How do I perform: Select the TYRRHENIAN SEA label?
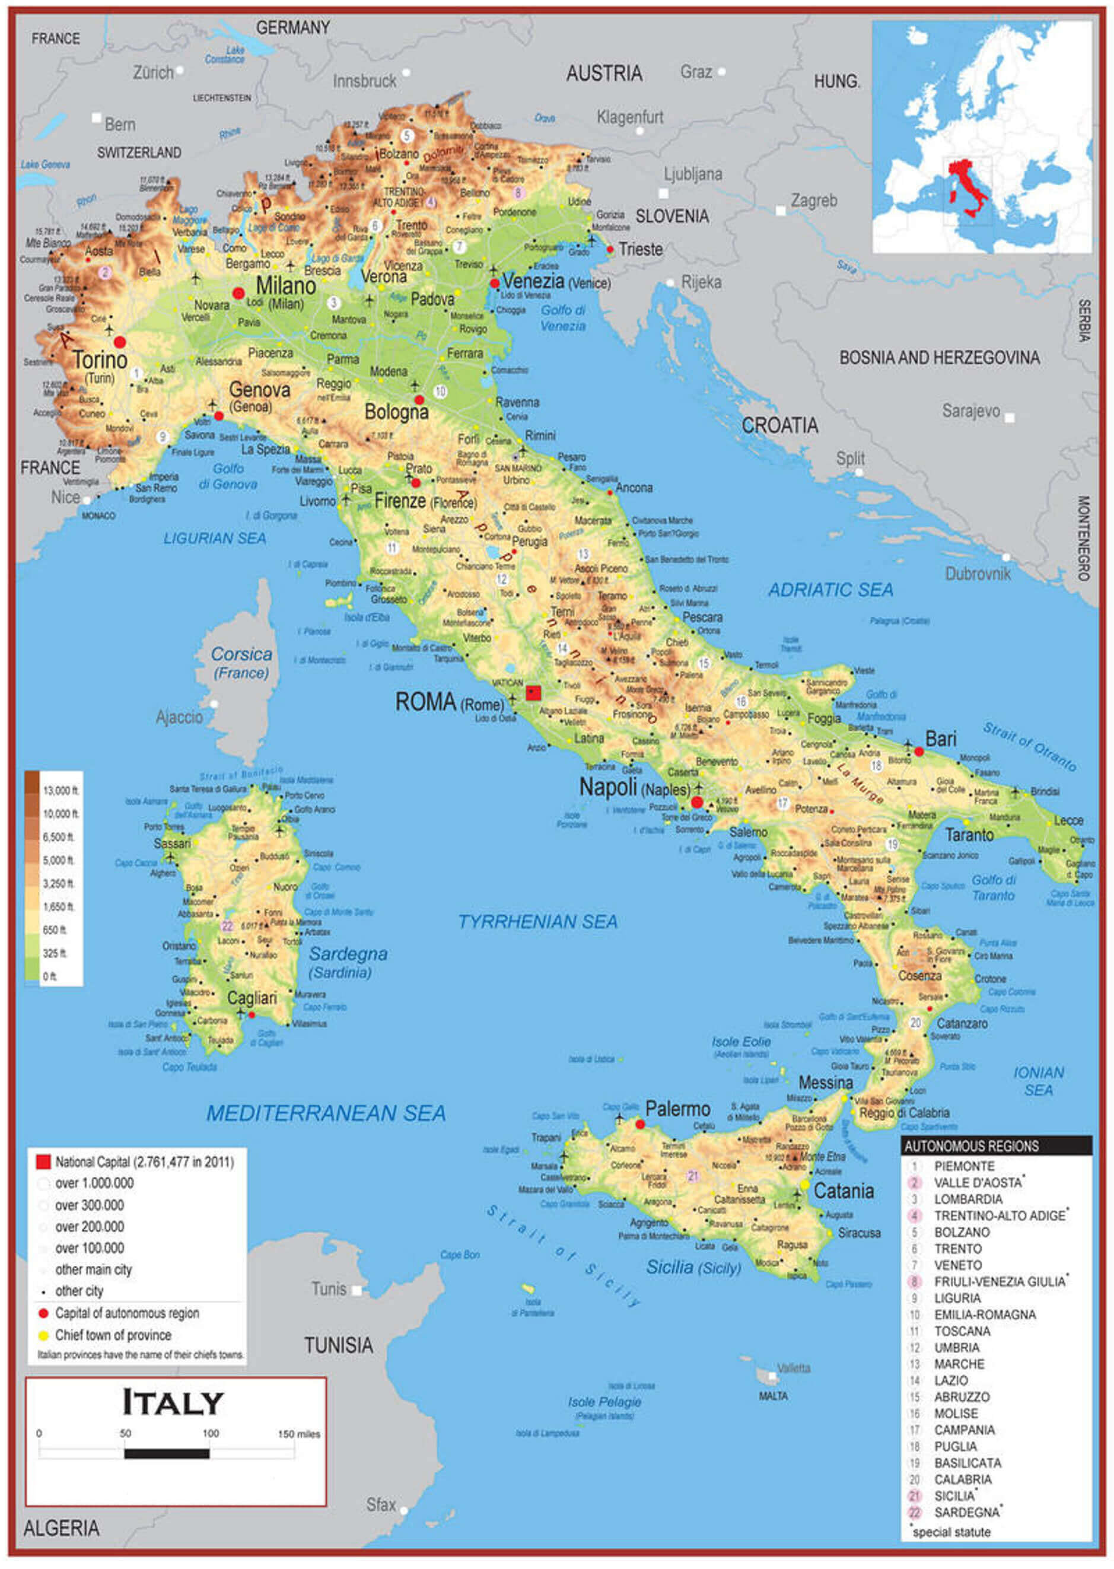coord(538,921)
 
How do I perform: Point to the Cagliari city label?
coord(252,998)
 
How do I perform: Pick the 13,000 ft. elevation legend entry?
coord(61,790)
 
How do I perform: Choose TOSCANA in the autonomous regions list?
coord(962,1331)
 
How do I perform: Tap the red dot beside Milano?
coord(238,293)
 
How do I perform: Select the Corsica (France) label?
coord(241,663)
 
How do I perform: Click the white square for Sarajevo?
coord(1009,417)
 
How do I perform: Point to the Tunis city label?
coord(329,1289)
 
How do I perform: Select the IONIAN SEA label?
coord(1038,1081)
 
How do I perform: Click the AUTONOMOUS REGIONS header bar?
coord(995,1145)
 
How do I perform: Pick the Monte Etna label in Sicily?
coord(823,1157)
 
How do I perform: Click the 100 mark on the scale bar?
coord(210,1433)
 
